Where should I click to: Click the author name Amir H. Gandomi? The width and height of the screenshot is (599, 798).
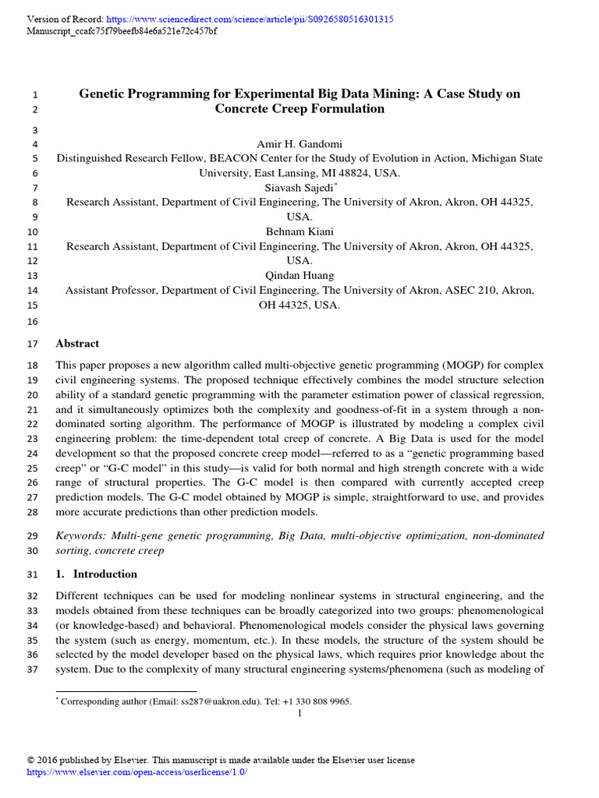pos(299,144)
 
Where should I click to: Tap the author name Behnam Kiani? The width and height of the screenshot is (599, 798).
pos(299,231)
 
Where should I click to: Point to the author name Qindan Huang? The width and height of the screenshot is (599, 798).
pos(299,275)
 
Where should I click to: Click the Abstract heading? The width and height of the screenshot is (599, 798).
pos(77,343)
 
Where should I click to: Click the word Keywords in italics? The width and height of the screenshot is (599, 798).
pos(80,535)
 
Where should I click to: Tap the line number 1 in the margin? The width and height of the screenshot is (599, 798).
pos(34,95)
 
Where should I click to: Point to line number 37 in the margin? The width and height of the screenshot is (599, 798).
pos(32,670)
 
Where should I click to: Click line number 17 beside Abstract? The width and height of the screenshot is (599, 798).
pos(32,344)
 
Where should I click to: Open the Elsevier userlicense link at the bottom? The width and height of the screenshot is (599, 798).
pos(136,772)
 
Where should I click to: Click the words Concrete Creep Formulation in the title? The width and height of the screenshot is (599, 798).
pos(299,109)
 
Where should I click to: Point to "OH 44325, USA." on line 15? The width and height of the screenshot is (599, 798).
pos(299,305)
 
